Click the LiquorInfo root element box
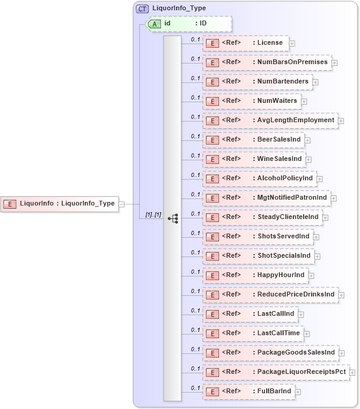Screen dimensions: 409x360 point(60,203)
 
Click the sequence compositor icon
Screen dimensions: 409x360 point(172,218)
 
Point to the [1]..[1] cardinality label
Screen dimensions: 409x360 point(153,215)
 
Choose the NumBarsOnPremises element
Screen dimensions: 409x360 point(266,62)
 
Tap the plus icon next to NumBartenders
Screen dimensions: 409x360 point(315,82)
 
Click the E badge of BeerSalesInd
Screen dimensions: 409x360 point(212,140)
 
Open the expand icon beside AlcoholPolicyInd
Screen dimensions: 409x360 point(319,179)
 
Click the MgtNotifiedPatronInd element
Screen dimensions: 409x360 point(266,198)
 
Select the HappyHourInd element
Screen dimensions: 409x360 point(255,275)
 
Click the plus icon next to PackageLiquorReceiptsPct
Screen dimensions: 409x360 point(352,373)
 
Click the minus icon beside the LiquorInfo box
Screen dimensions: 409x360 point(122,204)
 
